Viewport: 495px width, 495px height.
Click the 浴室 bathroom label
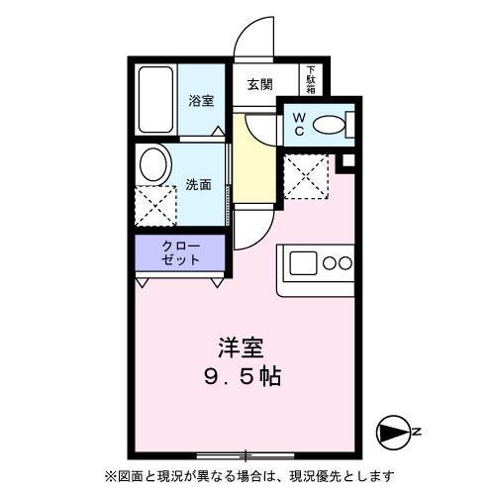[201, 100]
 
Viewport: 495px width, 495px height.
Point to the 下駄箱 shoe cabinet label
[311, 80]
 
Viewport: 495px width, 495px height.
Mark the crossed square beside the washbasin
[155, 205]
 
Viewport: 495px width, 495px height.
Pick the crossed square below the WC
[306, 176]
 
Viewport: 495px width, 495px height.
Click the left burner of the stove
[331, 263]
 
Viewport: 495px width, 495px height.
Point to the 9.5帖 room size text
[241, 377]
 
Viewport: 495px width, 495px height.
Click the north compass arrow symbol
[392, 432]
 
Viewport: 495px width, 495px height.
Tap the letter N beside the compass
[417, 432]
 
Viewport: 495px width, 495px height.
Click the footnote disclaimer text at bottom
[247, 473]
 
